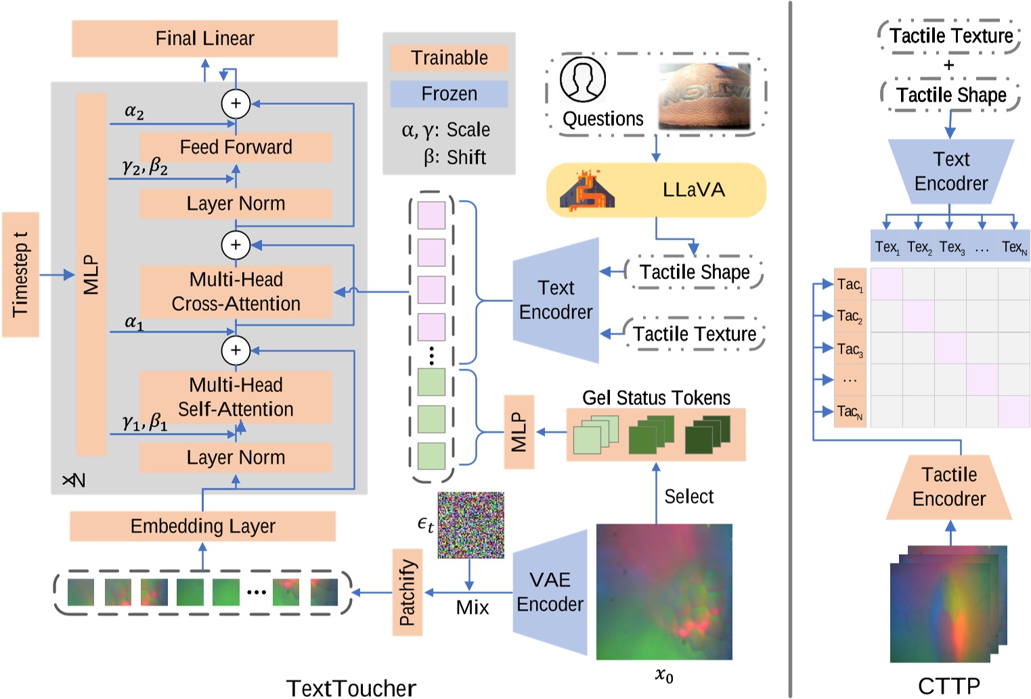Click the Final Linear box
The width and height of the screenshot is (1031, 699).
(204, 39)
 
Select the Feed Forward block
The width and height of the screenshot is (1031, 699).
(236, 147)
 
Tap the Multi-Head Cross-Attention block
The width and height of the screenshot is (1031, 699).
(236, 292)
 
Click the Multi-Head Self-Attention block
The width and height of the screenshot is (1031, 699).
(236, 397)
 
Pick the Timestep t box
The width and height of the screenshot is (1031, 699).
(20, 274)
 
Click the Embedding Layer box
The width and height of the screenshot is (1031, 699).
(202, 526)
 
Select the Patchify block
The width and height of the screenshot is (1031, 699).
(407, 592)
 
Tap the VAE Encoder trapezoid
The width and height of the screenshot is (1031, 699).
(550, 592)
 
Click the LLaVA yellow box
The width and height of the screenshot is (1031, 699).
(655, 190)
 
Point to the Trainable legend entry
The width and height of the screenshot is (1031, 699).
(449, 58)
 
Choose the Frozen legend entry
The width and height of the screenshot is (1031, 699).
(449, 94)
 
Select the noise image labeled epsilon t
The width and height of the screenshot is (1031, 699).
(470, 525)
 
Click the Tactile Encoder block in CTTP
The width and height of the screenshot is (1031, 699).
(949, 487)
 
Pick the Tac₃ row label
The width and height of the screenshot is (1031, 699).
(850, 348)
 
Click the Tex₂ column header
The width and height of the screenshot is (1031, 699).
(919, 247)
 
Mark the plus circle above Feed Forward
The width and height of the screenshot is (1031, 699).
(236, 104)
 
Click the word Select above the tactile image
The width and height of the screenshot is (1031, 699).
(688, 496)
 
